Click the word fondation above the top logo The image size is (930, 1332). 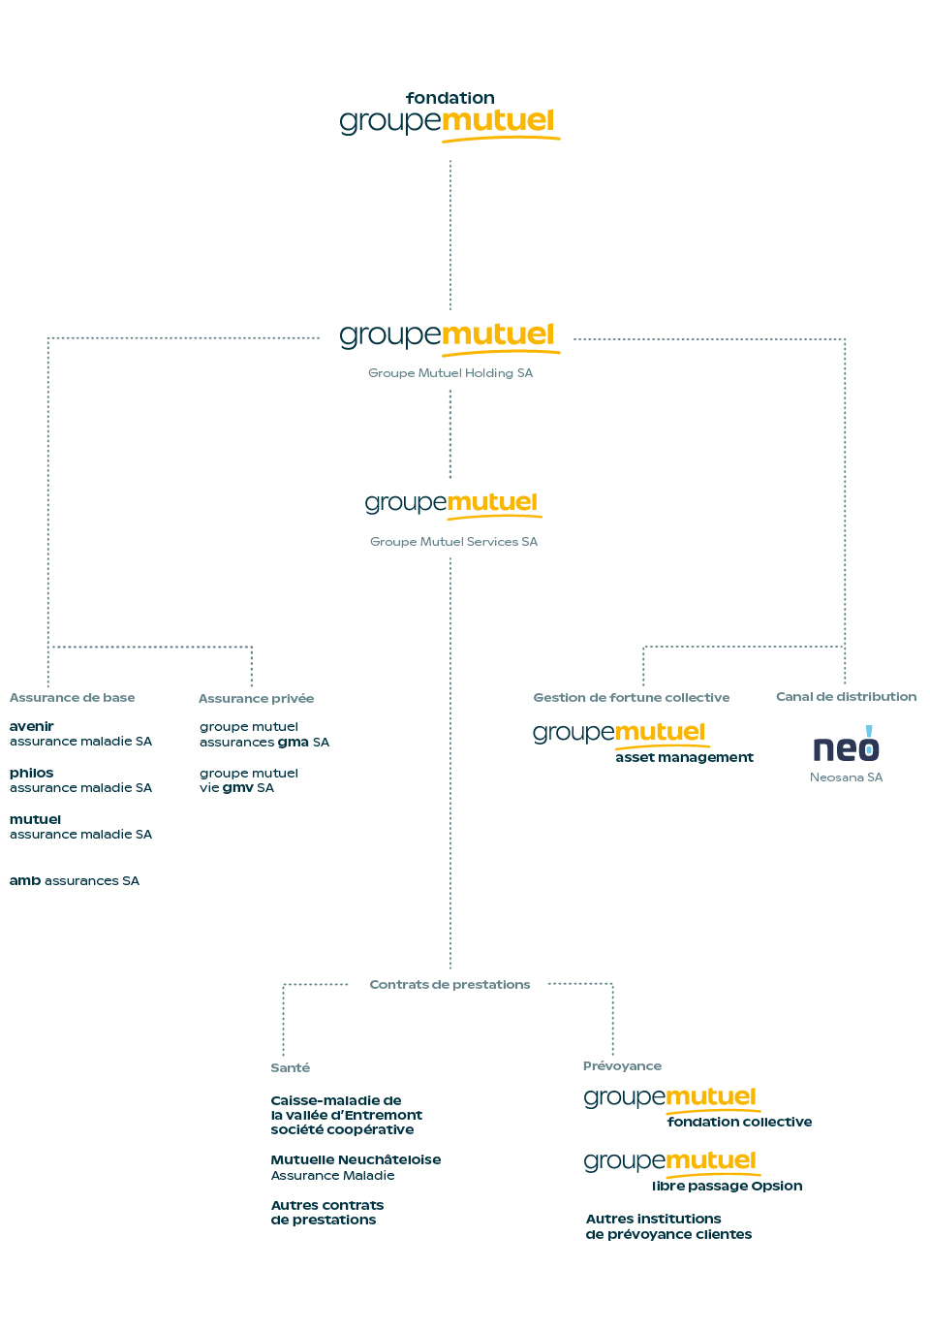click(449, 98)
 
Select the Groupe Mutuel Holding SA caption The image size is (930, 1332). click(449, 373)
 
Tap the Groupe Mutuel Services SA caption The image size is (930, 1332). click(453, 542)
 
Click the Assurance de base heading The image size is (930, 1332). click(72, 698)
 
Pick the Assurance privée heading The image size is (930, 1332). click(256, 699)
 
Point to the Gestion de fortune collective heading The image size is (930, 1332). click(631, 698)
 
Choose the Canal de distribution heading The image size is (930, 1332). click(847, 696)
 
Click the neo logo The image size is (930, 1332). click(846, 744)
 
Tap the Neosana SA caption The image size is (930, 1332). click(847, 777)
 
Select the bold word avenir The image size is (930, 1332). click(32, 726)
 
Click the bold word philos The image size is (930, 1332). click(32, 773)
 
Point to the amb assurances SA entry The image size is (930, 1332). click(75, 880)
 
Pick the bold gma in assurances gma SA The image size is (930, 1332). click(293, 743)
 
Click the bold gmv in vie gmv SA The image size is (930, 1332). click(237, 788)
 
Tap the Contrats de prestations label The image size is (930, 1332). click(449, 985)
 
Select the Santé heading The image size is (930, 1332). click(290, 1068)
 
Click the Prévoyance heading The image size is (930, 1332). click(622, 1066)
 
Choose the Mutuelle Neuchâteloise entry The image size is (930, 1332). click(356, 1167)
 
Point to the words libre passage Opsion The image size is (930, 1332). click(727, 1187)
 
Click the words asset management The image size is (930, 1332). click(684, 757)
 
